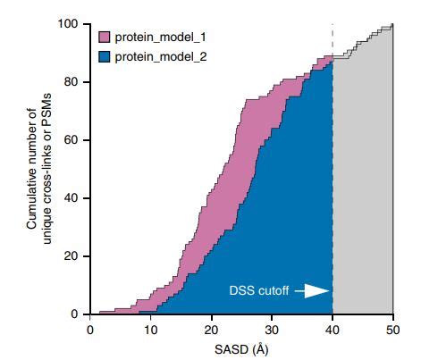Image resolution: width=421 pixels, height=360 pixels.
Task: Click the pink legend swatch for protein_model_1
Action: pos(104,38)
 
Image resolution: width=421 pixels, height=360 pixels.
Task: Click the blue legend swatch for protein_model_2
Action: pos(104,55)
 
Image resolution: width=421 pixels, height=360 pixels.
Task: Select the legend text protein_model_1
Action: pos(156,38)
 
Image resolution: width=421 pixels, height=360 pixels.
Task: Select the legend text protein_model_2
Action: pos(156,55)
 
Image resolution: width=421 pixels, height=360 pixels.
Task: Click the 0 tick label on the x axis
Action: pos(90,329)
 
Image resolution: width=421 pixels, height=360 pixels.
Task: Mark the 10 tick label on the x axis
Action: pos(151,329)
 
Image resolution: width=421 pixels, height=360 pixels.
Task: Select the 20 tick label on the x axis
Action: pos(212,329)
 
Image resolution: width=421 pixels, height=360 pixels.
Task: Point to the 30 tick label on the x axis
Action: pos(273,329)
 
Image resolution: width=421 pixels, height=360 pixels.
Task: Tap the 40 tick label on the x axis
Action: pos(333,329)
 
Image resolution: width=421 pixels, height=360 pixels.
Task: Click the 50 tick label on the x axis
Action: pos(393,329)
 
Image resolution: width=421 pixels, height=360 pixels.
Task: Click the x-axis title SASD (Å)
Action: pos(241,348)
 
